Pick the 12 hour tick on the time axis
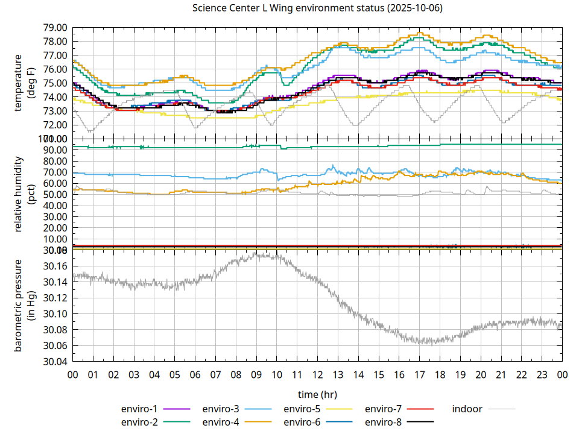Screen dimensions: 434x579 coord(317,374)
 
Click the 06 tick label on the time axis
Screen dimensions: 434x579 coord(195,374)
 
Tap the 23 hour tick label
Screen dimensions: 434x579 coord(542,374)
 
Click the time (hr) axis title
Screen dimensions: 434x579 coord(317,394)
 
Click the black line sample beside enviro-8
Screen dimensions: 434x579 coord(421,421)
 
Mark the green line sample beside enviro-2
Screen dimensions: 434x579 coord(177,421)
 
